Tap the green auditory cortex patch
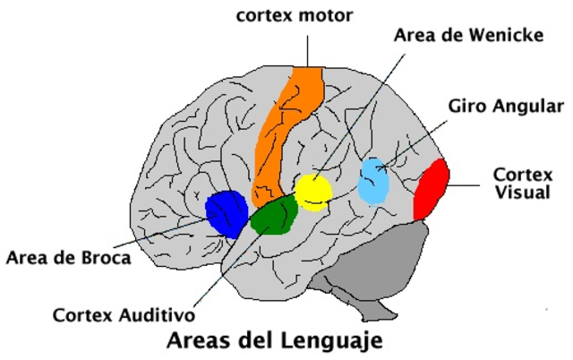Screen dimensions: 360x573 [x=274, y=216]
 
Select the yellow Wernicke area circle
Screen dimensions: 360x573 [x=313, y=192]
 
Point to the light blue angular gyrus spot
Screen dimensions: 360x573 [x=374, y=181]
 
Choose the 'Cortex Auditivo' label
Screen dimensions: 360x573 [x=124, y=314]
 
